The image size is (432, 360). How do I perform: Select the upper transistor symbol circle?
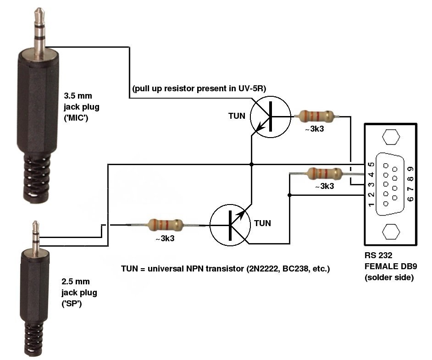[271, 117]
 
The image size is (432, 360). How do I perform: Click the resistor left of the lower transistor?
[166, 225]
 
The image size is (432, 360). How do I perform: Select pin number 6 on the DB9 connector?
[410, 199]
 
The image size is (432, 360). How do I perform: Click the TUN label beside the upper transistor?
[237, 116]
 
